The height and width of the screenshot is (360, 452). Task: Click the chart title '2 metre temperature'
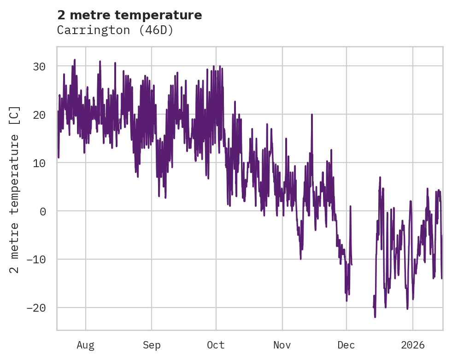(x=129, y=15)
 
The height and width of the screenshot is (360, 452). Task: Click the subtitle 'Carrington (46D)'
(x=115, y=30)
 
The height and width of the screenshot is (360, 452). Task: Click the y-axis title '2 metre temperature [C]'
(x=15, y=189)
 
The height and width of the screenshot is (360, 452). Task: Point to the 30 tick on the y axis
(x=39, y=67)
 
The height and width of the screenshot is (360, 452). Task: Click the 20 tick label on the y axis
(x=39, y=115)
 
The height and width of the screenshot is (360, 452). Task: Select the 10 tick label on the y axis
(x=39, y=163)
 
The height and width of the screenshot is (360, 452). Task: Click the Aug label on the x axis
(x=85, y=345)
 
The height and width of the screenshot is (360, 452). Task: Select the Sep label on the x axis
(x=152, y=345)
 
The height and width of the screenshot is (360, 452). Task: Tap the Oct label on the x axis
(x=216, y=345)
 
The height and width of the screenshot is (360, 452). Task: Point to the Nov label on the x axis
(x=282, y=345)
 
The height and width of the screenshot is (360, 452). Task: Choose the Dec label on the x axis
(x=346, y=345)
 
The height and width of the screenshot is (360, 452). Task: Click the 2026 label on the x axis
(x=412, y=345)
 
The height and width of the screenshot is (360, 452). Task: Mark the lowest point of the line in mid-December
(x=375, y=317)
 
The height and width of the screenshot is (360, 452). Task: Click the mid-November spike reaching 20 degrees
(x=312, y=115)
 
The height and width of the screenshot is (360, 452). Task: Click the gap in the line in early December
(x=363, y=276)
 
